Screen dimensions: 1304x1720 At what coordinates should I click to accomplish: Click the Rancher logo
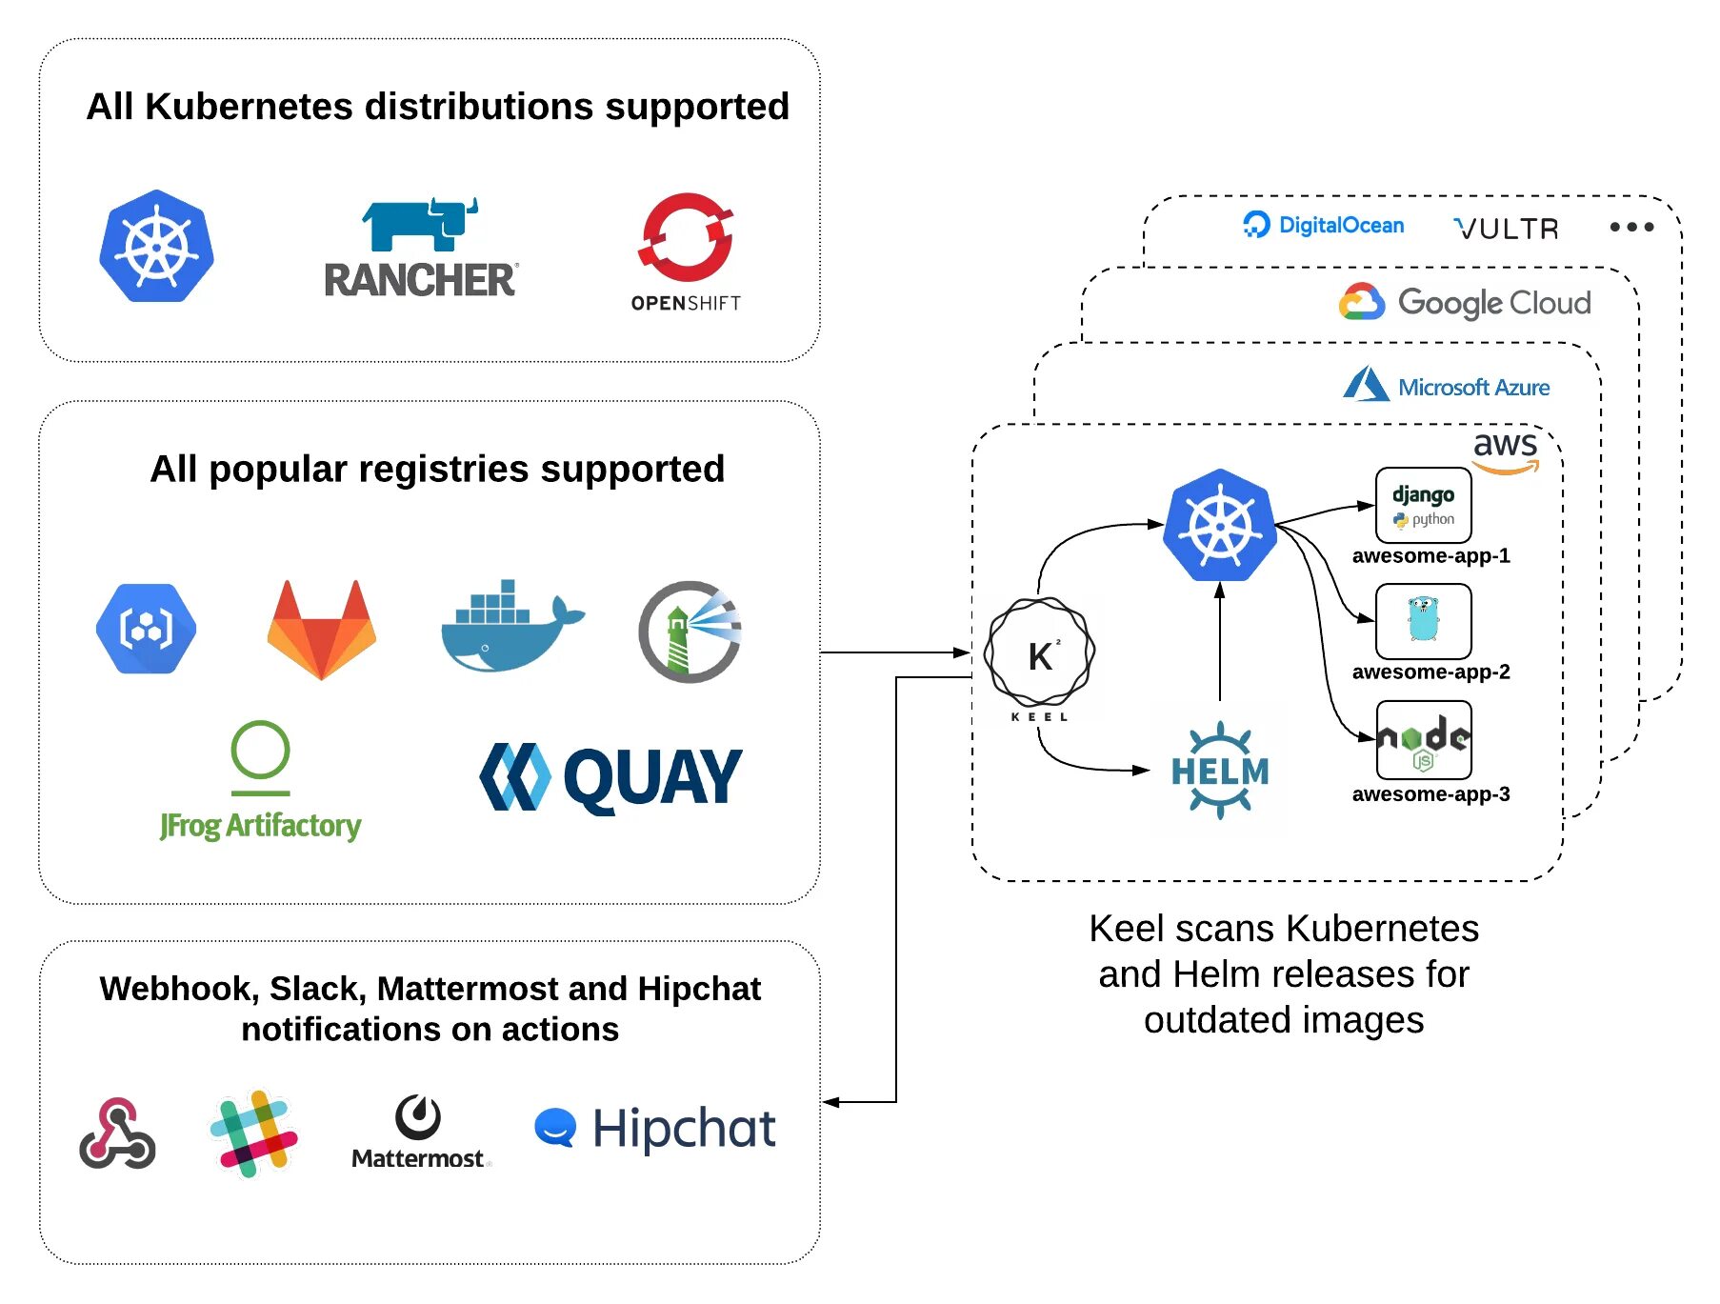pyautogui.click(x=420, y=249)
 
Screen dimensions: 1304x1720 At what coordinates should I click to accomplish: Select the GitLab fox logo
pyautogui.click(x=322, y=629)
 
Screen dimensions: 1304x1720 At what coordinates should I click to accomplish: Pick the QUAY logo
pyautogui.click(x=610, y=777)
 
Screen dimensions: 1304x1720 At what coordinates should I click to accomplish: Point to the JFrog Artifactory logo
pyautogui.click(x=260, y=782)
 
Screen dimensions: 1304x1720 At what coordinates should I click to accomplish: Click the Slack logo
pyautogui.click(x=253, y=1133)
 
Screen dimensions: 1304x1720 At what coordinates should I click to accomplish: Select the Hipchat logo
pyautogui.click(x=655, y=1129)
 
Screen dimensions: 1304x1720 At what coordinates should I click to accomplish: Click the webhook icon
pyautogui.click(x=117, y=1133)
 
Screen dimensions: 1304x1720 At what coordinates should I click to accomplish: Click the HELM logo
pyautogui.click(x=1220, y=771)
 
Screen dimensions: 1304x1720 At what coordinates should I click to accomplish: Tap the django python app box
pyautogui.click(x=1423, y=505)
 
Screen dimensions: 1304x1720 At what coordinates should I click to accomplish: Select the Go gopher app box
pyautogui.click(x=1423, y=621)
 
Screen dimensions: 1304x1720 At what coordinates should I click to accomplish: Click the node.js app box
pyautogui.click(x=1423, y=740)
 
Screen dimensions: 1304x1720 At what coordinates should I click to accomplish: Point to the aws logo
pyautogui.click(x=1506, y=451)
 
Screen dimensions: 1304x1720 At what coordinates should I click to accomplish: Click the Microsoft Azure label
pyautogui.click(x=1447, y=386)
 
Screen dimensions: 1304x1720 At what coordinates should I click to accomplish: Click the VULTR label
pyautogui.click(x=1507, y=229)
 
